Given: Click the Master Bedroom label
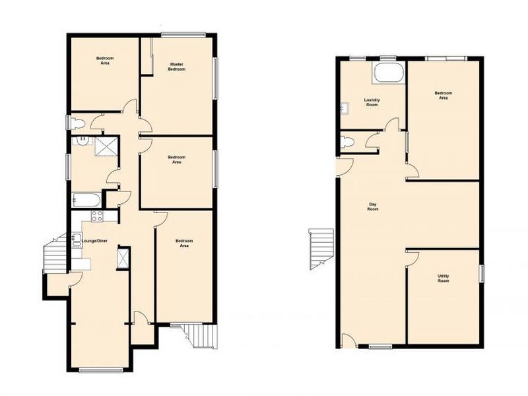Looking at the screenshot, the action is [x=177, y=67].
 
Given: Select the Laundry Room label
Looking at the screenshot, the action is [x=372, y=102].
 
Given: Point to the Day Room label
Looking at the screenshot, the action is [x=372, y=207].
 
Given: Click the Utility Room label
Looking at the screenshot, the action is [x=443, y=278].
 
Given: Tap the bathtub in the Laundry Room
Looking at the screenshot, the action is [x=389, y=73].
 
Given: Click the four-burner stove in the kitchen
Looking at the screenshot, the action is [x=97, y=216].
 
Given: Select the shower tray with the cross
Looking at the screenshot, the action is [x=106, y=147].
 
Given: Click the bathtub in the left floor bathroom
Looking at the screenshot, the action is [x=86, y=201].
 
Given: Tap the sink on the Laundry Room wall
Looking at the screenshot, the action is [x=345, y=108].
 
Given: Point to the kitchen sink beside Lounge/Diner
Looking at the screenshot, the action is [x=77, y=240].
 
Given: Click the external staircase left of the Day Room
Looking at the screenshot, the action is [x=321, y=249].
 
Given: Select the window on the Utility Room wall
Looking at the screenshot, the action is [x=482, y=273].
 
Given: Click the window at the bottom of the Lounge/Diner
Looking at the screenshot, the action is [x=101, y=370].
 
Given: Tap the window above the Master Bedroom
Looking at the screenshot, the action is [x=183, y=34].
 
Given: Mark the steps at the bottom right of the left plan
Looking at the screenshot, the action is [x=198, y=336].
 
